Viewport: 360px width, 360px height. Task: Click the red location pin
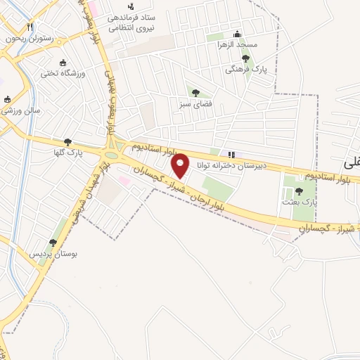pos(181,165)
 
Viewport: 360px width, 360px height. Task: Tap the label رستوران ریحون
pos(27,39)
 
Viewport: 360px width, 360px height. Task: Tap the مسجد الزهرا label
pos(238,45)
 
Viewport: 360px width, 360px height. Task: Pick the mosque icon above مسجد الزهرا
pos(237,34)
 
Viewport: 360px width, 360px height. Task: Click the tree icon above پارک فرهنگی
pos(245,58)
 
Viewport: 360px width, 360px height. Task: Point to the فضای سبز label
pos(195,103)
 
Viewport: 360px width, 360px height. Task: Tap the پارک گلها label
pos(68,153)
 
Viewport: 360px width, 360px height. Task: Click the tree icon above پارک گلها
pos(67,141)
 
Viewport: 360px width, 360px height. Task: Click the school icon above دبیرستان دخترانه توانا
pos(231,155)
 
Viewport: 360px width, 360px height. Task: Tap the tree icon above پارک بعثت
pos(300,191)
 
